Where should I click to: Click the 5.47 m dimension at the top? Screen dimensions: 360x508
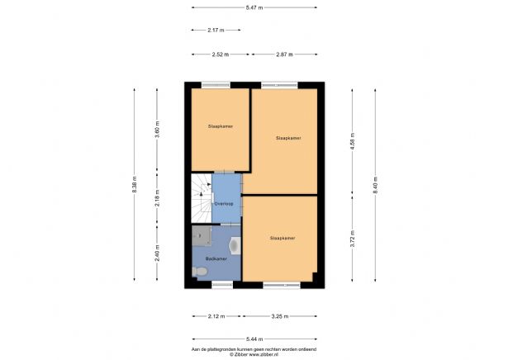click(254, 8)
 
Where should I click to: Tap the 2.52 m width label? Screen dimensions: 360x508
click(221, 54)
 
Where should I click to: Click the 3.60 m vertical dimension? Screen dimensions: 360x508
click(157, 129)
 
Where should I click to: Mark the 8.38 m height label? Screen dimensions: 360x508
click(134, 186)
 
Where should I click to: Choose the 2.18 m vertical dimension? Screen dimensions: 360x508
click(157, 199)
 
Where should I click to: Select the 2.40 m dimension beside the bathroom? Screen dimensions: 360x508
click(157, 252)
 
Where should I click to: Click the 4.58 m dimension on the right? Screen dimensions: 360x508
click(353, 140)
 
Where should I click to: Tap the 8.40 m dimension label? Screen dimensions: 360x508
click(375, 186)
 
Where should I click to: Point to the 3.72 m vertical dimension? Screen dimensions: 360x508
click(353, 239)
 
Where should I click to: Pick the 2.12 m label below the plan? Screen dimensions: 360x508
click(216, 315)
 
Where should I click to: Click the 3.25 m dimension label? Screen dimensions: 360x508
click(281, 315)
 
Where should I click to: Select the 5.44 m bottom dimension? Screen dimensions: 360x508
click(254, 339)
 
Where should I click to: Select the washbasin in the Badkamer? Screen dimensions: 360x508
click(235, 244)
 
